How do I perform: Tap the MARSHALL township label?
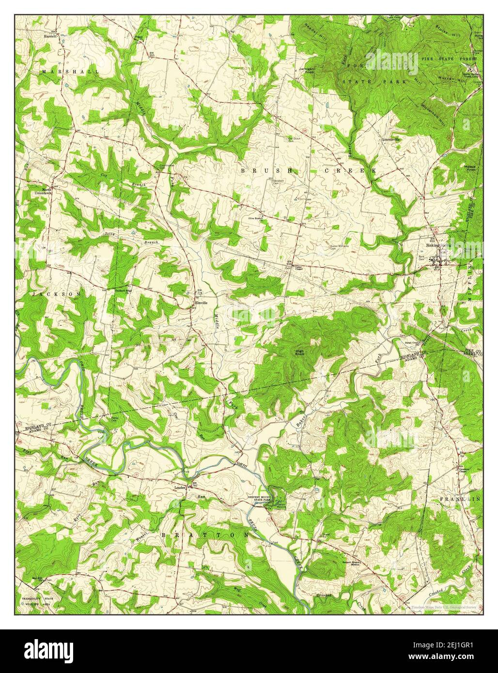pyautogui.click(x=70, y=71)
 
